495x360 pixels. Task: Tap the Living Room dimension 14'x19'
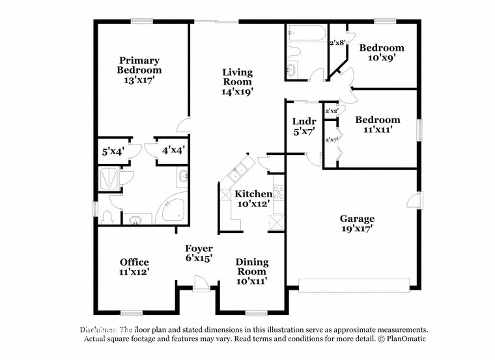click(236, 92)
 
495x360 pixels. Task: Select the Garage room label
click(356, 219)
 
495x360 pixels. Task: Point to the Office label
click(134, 262)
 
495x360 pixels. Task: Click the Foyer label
click(198, 248)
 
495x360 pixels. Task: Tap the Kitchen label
click(253, 194)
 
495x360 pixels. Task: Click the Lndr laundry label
click(304, 122)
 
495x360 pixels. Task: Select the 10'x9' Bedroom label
click(382, 48)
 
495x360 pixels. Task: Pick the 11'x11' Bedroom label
click(377, 120)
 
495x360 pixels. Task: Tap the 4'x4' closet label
click(173, 150)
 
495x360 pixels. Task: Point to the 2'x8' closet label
click(337, 43)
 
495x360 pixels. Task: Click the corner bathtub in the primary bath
click(172, 209)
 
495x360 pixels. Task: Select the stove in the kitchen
click(278, 192)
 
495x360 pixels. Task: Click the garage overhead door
click(354, 284)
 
